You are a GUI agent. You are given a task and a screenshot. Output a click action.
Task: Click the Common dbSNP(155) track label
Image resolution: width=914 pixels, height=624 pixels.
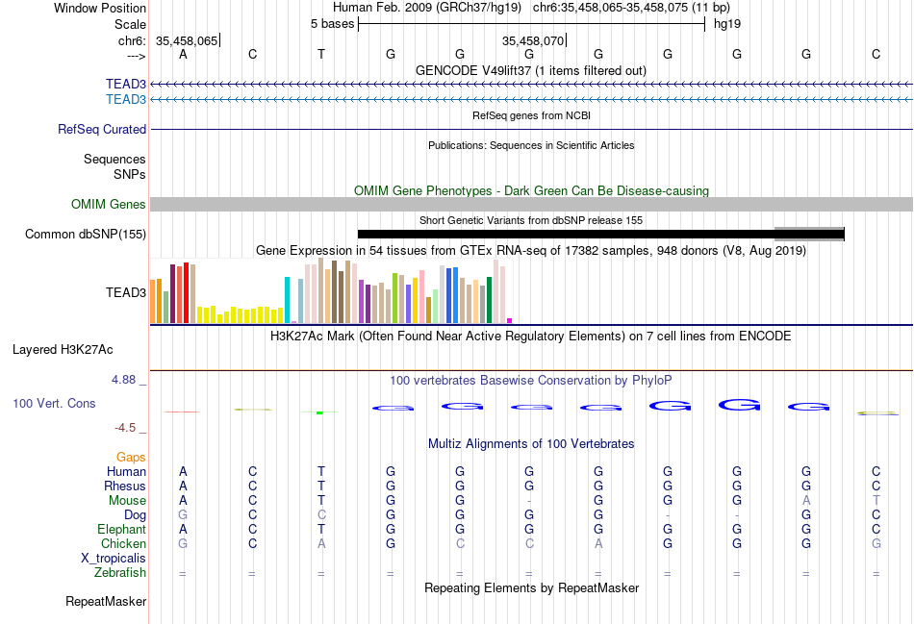[86, 234]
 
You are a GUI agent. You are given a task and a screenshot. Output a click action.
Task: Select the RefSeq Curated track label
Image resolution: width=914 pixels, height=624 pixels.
[102, 129]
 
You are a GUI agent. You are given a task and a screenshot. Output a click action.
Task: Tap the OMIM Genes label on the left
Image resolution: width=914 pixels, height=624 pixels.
[109, 204]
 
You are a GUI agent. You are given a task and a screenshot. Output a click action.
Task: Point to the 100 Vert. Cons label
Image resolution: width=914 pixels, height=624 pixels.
[54, 403]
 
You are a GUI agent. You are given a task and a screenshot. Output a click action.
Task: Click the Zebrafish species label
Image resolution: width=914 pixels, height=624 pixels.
[120, 573]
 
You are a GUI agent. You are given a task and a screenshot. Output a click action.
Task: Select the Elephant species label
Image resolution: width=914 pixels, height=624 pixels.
[121, 529]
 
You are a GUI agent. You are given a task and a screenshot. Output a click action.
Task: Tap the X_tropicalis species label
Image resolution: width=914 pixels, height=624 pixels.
[114, 558]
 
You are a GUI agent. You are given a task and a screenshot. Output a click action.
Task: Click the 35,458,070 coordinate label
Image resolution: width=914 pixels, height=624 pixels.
[532, 41]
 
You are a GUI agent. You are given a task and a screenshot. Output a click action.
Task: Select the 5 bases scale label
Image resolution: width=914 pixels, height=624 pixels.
[332, 23]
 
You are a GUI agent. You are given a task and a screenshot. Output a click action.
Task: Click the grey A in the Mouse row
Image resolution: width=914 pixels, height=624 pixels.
[806, 500]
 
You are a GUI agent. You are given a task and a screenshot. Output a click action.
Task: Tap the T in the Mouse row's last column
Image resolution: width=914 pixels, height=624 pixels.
[876, 500]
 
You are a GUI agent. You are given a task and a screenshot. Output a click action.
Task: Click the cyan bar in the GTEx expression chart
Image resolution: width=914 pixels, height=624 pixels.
[288, 299]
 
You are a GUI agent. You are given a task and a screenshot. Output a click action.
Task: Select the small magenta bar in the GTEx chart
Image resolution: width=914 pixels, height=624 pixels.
[510, 320]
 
